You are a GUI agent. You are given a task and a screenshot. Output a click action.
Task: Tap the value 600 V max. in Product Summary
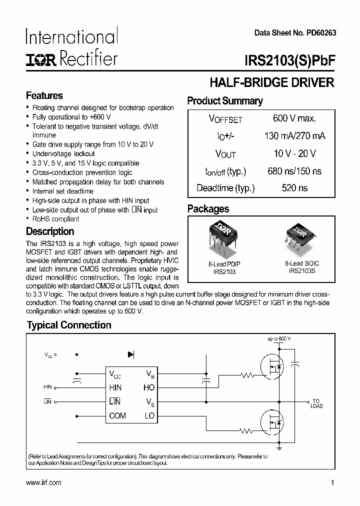pos(294,118)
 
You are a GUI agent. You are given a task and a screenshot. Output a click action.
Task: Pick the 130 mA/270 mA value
pos(294,136)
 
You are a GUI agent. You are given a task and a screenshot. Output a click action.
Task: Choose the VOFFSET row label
pos(225,119)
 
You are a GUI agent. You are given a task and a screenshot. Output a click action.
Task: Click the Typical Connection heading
pos(69,325)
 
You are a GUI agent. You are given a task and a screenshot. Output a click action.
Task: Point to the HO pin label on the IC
pos(149,387)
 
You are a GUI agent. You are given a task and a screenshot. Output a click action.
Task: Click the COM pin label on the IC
pos(117,415)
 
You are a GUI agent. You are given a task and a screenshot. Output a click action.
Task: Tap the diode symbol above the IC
pos(131,354)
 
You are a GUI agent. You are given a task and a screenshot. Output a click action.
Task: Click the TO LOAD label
pos(316,403)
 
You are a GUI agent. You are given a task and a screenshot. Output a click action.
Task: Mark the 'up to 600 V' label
pos(279,338)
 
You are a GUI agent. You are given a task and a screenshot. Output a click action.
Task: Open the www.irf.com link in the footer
pos(43,482)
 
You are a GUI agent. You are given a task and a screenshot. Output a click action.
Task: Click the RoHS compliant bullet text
pos(55,219)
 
